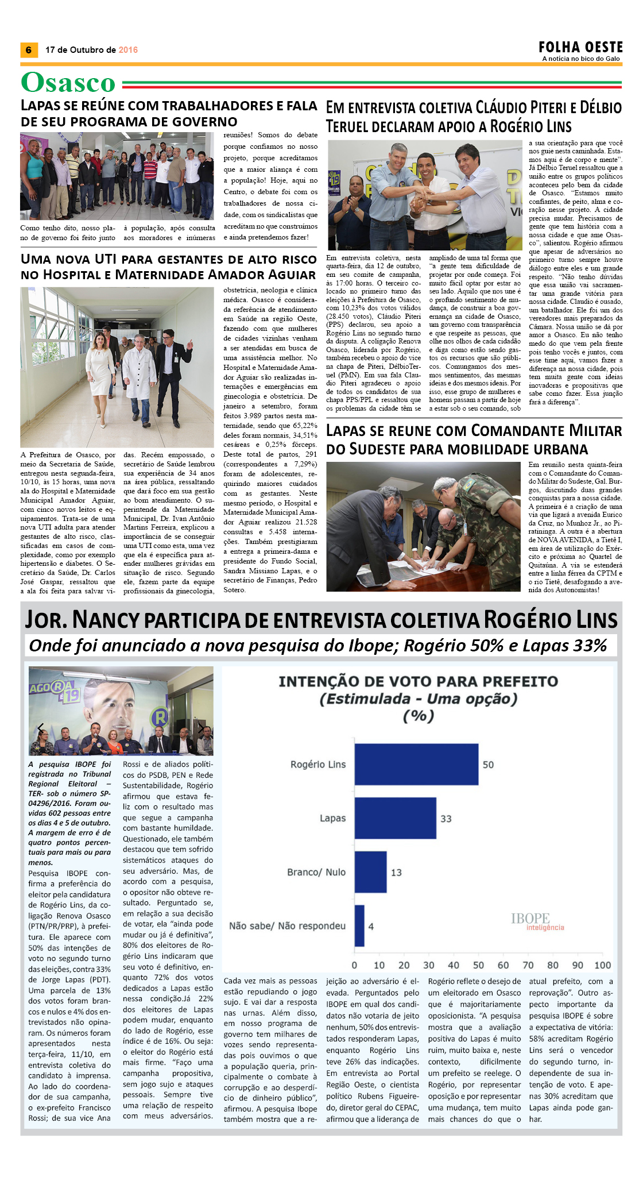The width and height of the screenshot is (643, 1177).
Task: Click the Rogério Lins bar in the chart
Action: click(x=416, y=764)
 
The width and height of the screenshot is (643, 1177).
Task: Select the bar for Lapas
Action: click(x=395, y=818)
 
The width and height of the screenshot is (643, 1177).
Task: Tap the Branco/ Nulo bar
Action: click(x=370, y=872)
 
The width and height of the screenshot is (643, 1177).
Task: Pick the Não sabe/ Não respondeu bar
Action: click(x=359, y=926)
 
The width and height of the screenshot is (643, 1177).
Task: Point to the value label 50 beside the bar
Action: click(x=488, y=765)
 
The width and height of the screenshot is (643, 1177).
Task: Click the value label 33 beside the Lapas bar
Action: click(x=446, y=819)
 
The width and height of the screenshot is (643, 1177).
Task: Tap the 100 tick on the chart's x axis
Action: click(x=602, y=965)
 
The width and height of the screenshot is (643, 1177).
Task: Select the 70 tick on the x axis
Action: click(x=528, y=965)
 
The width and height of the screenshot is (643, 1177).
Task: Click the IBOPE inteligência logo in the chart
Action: click(x=537, y=921)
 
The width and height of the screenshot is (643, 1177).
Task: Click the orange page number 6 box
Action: click(x=29, y=50)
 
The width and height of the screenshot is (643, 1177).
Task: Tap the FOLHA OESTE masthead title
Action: click(x=580, y=47)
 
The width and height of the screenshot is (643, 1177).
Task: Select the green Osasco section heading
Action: click(x=68, y=83)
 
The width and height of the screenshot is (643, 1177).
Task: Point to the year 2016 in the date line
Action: click(x=128, y=50)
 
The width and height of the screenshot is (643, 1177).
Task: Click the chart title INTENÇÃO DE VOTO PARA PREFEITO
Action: click(x=418, y=681)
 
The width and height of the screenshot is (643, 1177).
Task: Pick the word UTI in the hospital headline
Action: click(x=106, y=260)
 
